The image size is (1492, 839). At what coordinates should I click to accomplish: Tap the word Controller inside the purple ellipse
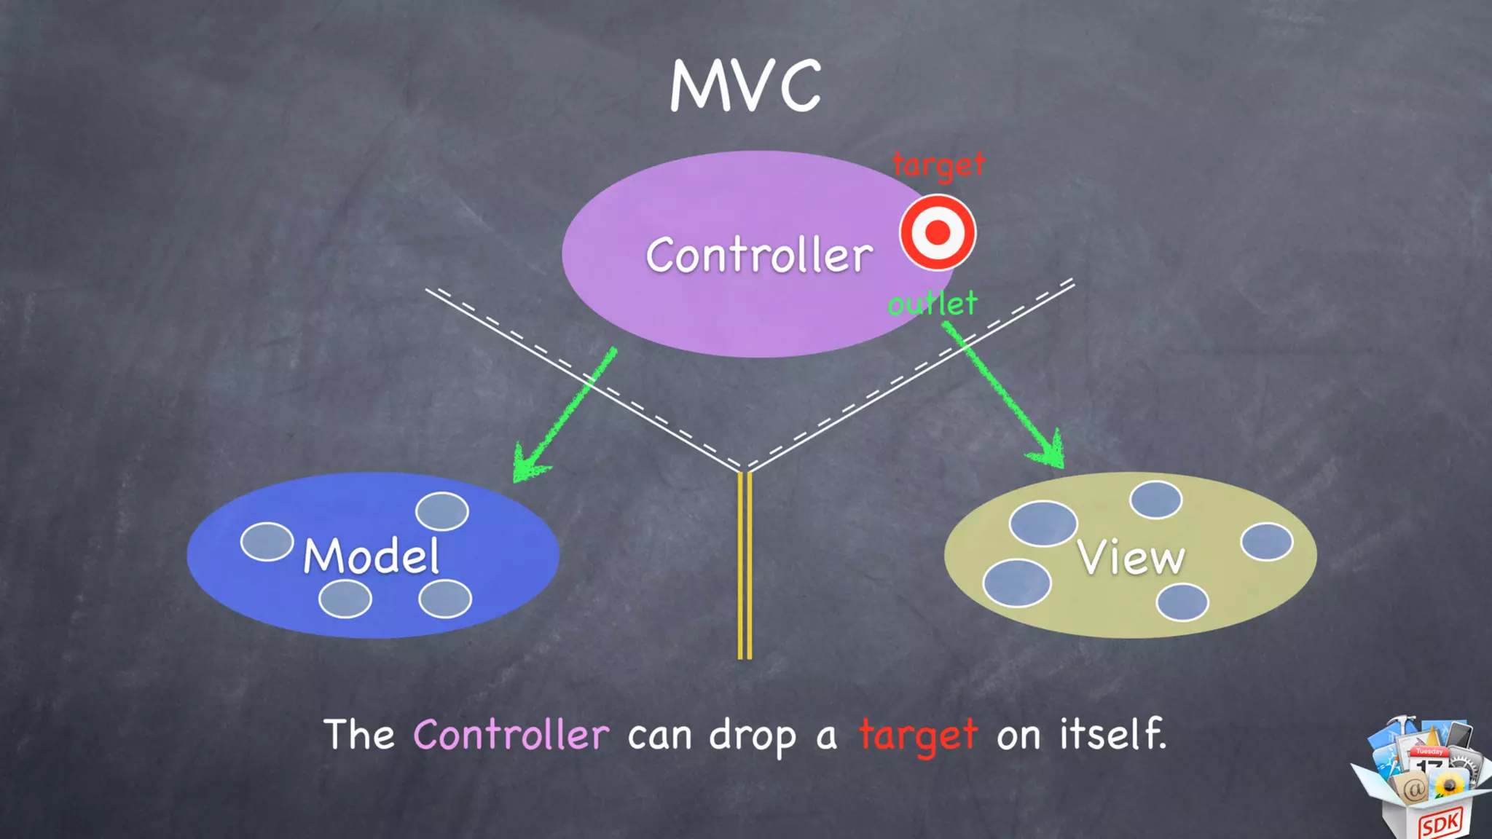759,255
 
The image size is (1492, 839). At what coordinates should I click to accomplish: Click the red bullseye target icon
938,232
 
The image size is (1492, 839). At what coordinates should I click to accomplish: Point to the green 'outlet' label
932,303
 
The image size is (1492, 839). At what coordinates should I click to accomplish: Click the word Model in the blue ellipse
371,556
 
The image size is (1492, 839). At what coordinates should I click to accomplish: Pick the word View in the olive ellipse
1131,558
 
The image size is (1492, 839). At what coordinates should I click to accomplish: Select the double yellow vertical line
745,565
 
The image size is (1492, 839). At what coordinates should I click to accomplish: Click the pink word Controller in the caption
511,734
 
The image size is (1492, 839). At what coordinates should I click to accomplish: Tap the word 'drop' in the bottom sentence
753,736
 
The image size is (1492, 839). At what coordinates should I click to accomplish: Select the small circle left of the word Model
267,542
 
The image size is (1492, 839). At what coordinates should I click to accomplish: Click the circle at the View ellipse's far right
1267,542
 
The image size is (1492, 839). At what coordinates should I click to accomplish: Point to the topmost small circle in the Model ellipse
442,511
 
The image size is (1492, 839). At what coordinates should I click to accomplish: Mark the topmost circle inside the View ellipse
1155,500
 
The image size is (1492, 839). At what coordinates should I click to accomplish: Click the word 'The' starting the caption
359,734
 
